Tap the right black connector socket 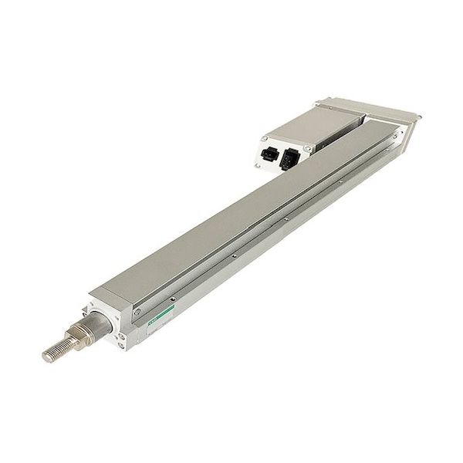tap(289, 159)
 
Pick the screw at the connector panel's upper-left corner tap(263, 139)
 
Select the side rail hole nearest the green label tap(174, 298)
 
